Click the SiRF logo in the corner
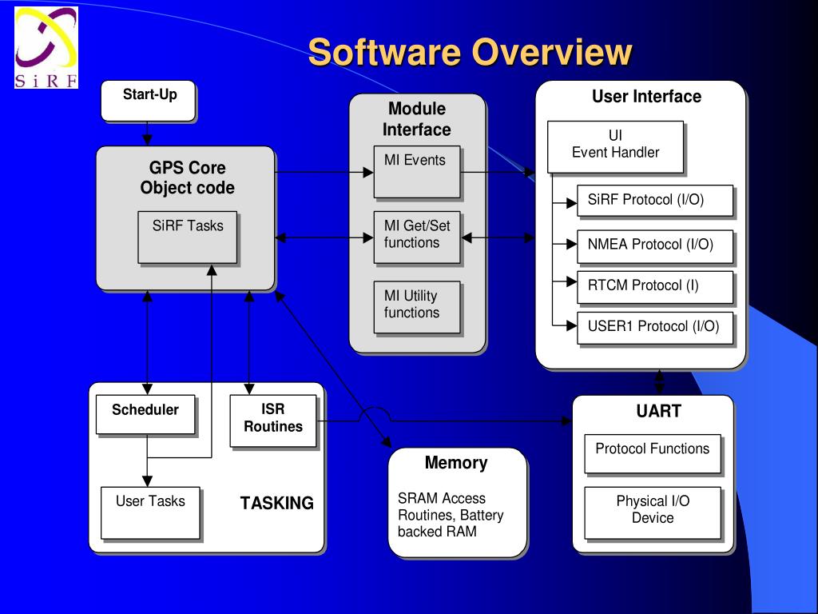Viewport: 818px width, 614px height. [x=46, y=48]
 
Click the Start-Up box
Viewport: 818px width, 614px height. [x=149, y=102]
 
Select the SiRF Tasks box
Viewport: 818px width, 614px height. [x=188, y=237]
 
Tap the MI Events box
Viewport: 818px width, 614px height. [x=416, y=171]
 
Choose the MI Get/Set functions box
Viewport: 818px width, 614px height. [x=416, y=237]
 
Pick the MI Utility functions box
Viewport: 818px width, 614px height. [x=416, y=306]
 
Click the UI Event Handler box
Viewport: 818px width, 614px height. [x=615, y=146]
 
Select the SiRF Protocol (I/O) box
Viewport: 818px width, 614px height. [x=655, y=201]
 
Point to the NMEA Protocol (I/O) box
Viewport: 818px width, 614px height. [x=655, y=245]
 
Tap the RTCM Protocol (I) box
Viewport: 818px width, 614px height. [x=655, y=286]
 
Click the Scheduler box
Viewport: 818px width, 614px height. [x=145, y=414]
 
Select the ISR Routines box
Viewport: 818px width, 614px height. [x=272, y=421]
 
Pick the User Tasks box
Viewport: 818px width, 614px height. [x=150, y=512]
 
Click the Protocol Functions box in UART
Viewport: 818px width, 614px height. [x=652, y=453]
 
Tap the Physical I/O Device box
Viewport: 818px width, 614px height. [x=652, y=512]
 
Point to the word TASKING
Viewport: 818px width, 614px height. [x=276, y=504]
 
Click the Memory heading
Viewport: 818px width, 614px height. [x=455, y=463]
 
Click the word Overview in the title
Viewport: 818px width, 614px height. [x=551, y=53]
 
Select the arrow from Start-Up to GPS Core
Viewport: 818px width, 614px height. [x=147, y=134]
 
